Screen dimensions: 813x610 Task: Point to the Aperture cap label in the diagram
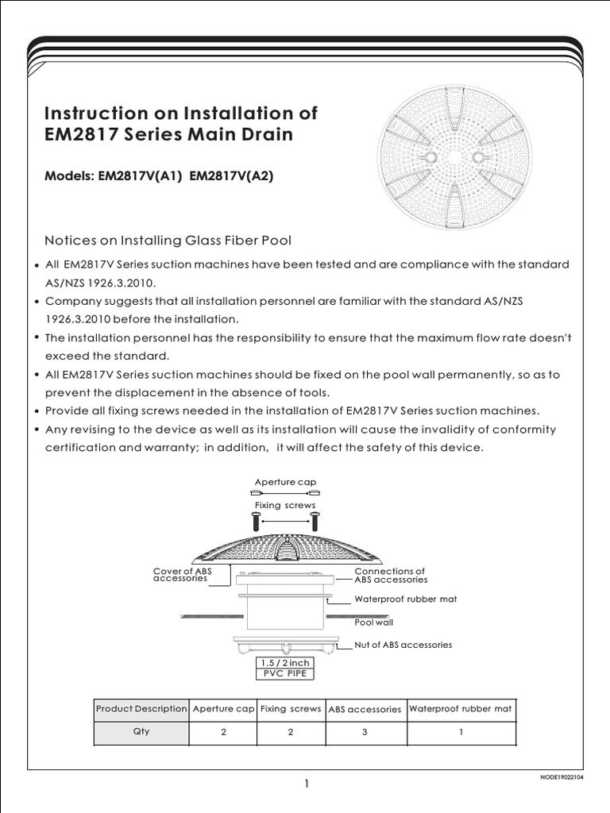(x=285, y=482)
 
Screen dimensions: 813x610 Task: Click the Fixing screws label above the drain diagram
(x=285, y=505)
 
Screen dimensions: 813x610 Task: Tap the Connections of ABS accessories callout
(x=389, y=575)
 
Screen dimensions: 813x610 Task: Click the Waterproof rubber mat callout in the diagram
(x=405, y=599)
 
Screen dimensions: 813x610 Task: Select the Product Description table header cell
(x=141, y=709)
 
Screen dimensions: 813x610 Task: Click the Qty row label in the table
(x=141, y=732)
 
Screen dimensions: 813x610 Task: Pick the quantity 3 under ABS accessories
(x=365, y=732)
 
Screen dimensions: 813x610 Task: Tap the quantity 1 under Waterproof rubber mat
(x=461, y=732)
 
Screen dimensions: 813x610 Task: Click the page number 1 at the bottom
(x=305, y=784)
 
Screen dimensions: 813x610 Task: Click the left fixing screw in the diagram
(x=255, y=522)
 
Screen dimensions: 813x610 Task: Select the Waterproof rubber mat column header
(x=461, y=709)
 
